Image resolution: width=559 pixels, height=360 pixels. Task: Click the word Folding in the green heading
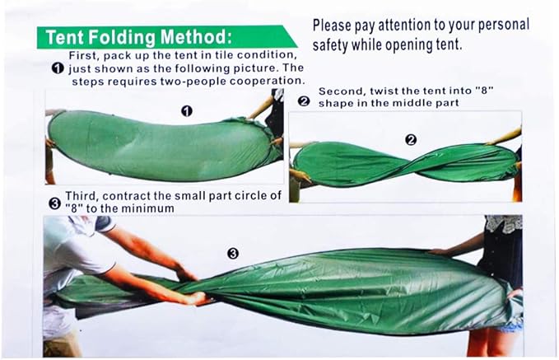[x=122, y=37]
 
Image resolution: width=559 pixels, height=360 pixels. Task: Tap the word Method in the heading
[x=196, y=37]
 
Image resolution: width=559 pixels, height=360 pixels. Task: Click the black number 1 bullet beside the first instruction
[x=58, y=68]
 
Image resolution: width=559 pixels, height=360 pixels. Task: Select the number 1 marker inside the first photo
[x=187, y=111]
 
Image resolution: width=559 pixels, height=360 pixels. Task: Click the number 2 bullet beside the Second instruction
[x=304, y=101]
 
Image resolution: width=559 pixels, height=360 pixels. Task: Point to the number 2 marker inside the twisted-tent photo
[x=411, y=140]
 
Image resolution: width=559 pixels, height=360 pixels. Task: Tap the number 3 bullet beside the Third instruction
[x=54, y=203]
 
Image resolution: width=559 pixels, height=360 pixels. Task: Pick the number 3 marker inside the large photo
[x=233, y=254]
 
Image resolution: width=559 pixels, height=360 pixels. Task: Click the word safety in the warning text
[x=330, y=45]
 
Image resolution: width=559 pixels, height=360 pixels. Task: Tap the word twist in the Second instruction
[x=384, y=91]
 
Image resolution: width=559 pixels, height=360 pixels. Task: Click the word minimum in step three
[x=147, y=208]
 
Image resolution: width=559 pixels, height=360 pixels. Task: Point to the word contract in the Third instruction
[x=127, y=196]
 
